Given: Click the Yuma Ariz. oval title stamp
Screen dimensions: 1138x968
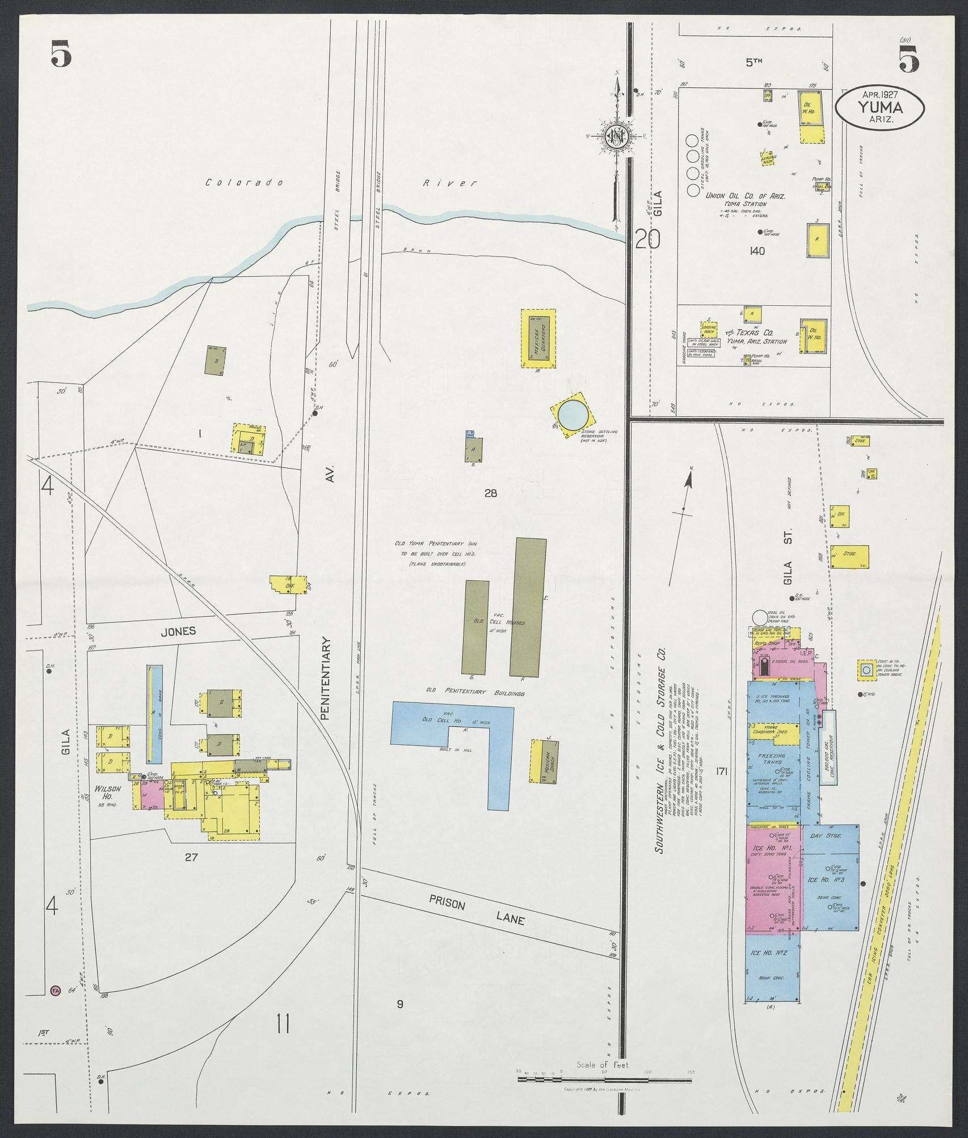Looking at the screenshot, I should coord(880,108).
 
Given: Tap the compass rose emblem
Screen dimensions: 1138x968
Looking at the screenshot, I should coord(615,135).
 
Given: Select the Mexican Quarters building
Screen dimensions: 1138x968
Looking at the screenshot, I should coord(538,338).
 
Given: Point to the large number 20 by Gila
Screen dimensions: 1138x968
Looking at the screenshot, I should coord(647,239).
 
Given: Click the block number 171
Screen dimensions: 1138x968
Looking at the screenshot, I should coord(722,771).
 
